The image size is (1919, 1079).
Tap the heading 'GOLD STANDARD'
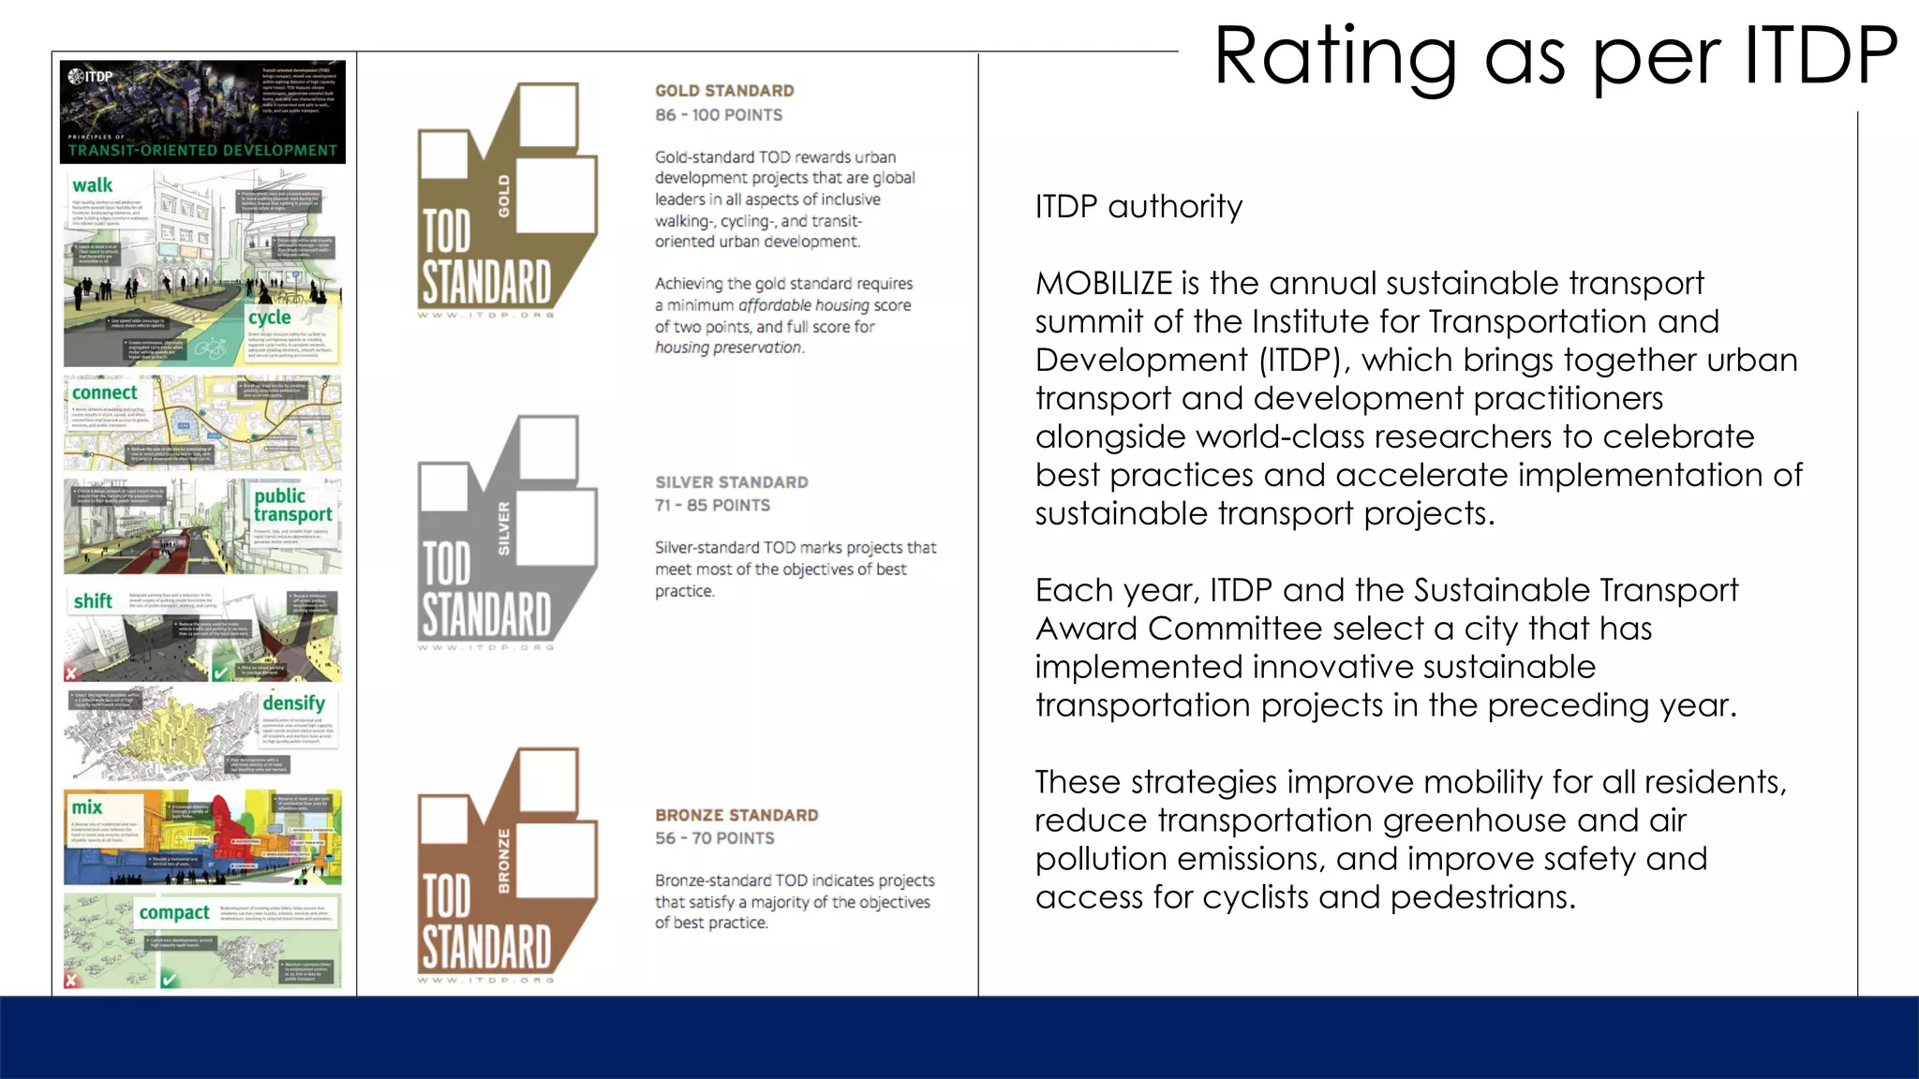(724, 91)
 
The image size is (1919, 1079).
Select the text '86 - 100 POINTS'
(718, 115)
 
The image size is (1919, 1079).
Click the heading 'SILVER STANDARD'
(731, 482)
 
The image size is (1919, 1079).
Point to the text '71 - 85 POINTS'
(712, 506)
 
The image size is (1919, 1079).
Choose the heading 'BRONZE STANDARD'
(736, 815)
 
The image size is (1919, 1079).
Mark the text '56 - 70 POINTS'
(714, 838)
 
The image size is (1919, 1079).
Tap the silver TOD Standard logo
(506, 534)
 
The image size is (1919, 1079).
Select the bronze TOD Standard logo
(506, 866)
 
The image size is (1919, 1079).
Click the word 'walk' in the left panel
(92, 185)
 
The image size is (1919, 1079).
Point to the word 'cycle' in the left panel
(269, 318)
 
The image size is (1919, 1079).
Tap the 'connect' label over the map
(104, 392)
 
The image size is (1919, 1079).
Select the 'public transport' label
(291, 505)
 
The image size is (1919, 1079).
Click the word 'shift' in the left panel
(93, 601)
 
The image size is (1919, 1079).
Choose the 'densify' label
(293, 702)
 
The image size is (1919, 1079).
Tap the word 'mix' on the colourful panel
(87, 807)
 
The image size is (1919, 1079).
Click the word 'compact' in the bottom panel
(174, 912)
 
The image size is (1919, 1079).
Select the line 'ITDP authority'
(1138, 207)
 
